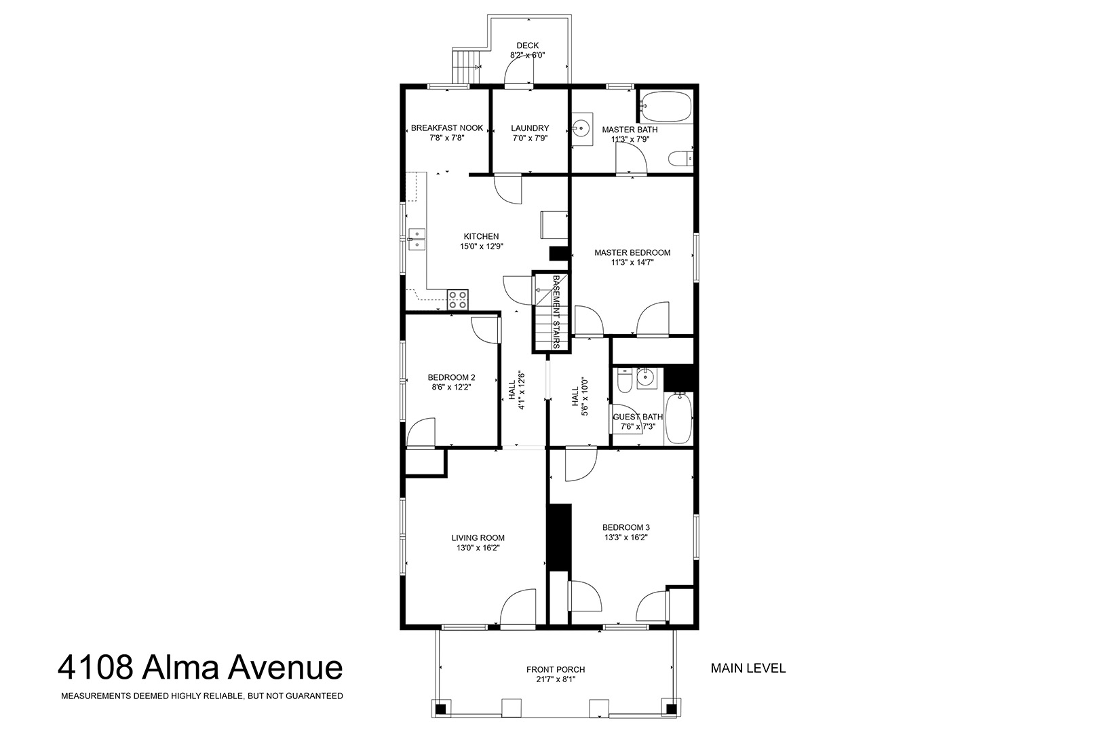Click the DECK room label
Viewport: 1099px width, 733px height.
click(x=527, y=45)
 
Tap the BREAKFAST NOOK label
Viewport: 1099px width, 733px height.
click(x=447, y=128)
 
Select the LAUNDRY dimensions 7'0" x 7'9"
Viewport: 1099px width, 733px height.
click(x=530, y=138)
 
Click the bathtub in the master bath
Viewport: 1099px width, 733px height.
click(x=666, y=107)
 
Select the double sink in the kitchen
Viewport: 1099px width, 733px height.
click(x=417, y=240)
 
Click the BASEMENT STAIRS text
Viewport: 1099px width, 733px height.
click(x=556, y=312)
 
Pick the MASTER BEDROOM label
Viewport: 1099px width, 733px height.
click(x=632, y=253)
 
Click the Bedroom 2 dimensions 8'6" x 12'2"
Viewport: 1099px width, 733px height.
click(x=451, y=388)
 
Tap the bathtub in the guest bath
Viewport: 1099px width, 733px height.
click(x=678, y=418)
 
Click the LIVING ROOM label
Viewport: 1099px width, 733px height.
click(x=478, y=538)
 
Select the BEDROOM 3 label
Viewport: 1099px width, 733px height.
click(x=626, y=528)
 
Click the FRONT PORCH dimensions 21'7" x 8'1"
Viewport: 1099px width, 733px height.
click(x=556, y=680)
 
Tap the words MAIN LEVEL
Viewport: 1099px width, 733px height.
click(x=748, y=669)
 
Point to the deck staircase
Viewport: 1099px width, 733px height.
click(x=464, y=67)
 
